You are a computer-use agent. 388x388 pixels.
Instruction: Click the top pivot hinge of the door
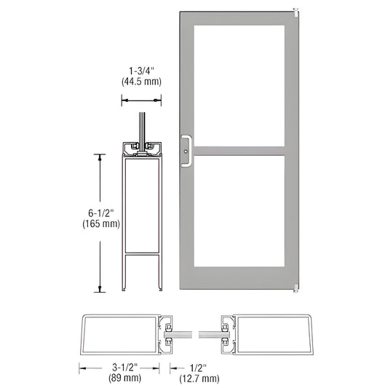click(296, 12)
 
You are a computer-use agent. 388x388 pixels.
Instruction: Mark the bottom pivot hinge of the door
click(296, 289)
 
